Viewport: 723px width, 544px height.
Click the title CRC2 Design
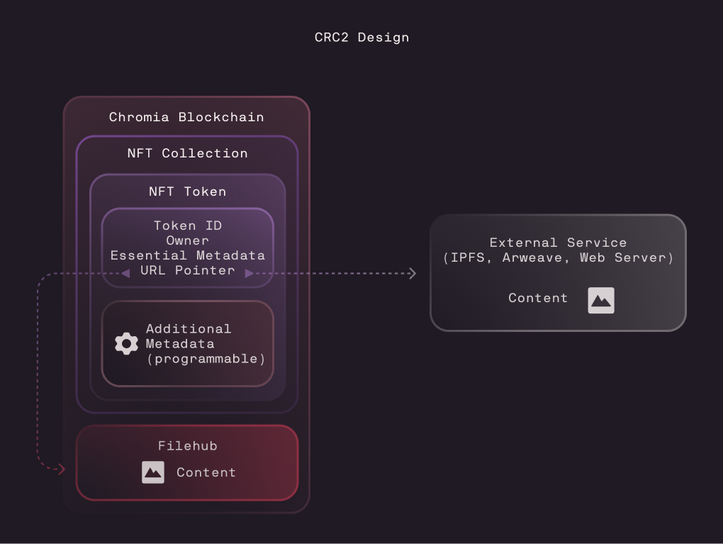click(x=361, y=38)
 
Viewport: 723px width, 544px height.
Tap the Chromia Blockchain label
click(x=186, y=117)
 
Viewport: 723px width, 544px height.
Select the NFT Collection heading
click(x=187, y=153)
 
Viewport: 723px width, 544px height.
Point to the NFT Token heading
click(x=187, y=191)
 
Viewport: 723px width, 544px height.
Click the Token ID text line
click(x=188, y=226)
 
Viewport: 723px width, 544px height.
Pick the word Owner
click(x=187, y=240)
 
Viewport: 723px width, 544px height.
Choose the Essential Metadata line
click(x=188, y=255)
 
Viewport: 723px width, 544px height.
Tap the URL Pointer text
click(x=188, y=270)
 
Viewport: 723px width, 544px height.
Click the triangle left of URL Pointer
click(x=125, y=274)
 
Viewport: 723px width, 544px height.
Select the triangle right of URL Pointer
click(x=249, y=274)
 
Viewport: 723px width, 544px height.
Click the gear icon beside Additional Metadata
click(x=126, y=344)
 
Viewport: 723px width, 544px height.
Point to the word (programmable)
click(x=206, y=359)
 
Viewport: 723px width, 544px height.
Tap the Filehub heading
click(x=187, y=445)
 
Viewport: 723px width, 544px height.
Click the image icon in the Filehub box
click(x=153, y=472)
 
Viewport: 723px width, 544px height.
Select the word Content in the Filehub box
click(x=206, y=472)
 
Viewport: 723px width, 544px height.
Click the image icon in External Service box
click(x=601, y=301)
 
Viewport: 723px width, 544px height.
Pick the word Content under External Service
click(x=537, y=298)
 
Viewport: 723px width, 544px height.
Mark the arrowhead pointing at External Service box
click(x=413, y=274)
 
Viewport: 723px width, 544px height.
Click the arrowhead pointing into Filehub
click(x=62, y=470)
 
